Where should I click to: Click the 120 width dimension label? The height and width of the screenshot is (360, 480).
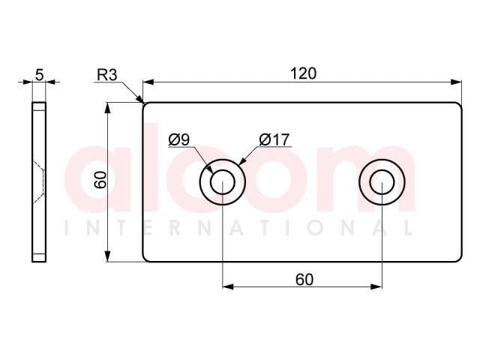coord(303,73)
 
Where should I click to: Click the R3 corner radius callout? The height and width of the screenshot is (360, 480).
coord(106,75)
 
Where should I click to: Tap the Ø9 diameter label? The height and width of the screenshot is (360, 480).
coord(179,139)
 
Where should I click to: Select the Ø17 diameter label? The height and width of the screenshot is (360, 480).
coord(274,139)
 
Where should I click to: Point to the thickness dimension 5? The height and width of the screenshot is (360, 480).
coord(40,75)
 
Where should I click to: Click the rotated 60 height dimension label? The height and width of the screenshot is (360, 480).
coord(100,180)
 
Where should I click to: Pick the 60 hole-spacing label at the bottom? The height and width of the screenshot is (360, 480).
coord(304,280)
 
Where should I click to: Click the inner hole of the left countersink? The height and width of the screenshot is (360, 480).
coord(223,182)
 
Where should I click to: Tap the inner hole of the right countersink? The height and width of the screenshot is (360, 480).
coord(382,182)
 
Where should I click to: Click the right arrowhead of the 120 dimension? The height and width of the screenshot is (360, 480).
coord(455,82)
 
